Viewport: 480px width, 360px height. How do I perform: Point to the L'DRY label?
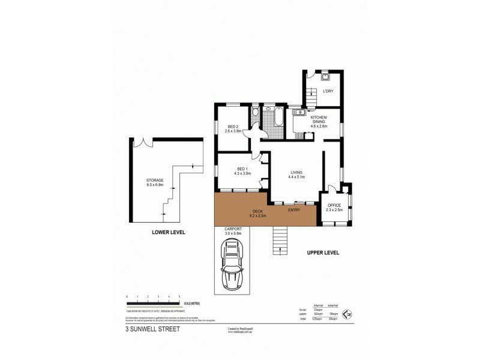point(328,91)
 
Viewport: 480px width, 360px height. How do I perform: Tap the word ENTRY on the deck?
point(294,209)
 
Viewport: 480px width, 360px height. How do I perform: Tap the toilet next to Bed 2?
point(256,112)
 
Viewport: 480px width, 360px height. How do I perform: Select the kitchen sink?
point(297,111)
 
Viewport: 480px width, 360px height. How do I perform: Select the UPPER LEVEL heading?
point(323,253)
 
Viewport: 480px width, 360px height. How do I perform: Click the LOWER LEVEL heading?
point(168,232)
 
